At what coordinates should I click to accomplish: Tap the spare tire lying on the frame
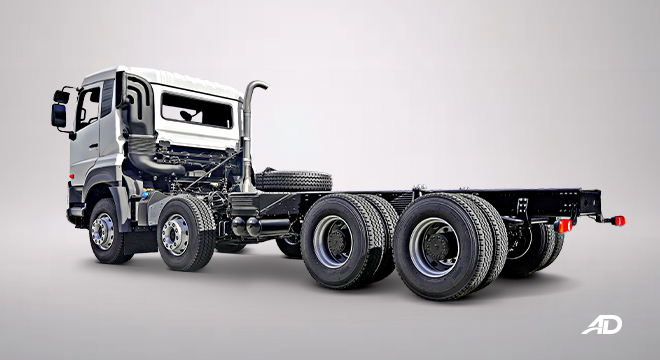[293, 181]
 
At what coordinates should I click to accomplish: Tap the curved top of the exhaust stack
[254, 87]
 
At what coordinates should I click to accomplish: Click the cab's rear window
[196, 109]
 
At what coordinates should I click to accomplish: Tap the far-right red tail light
[618, 220]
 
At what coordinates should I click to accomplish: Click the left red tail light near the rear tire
[565, 225]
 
